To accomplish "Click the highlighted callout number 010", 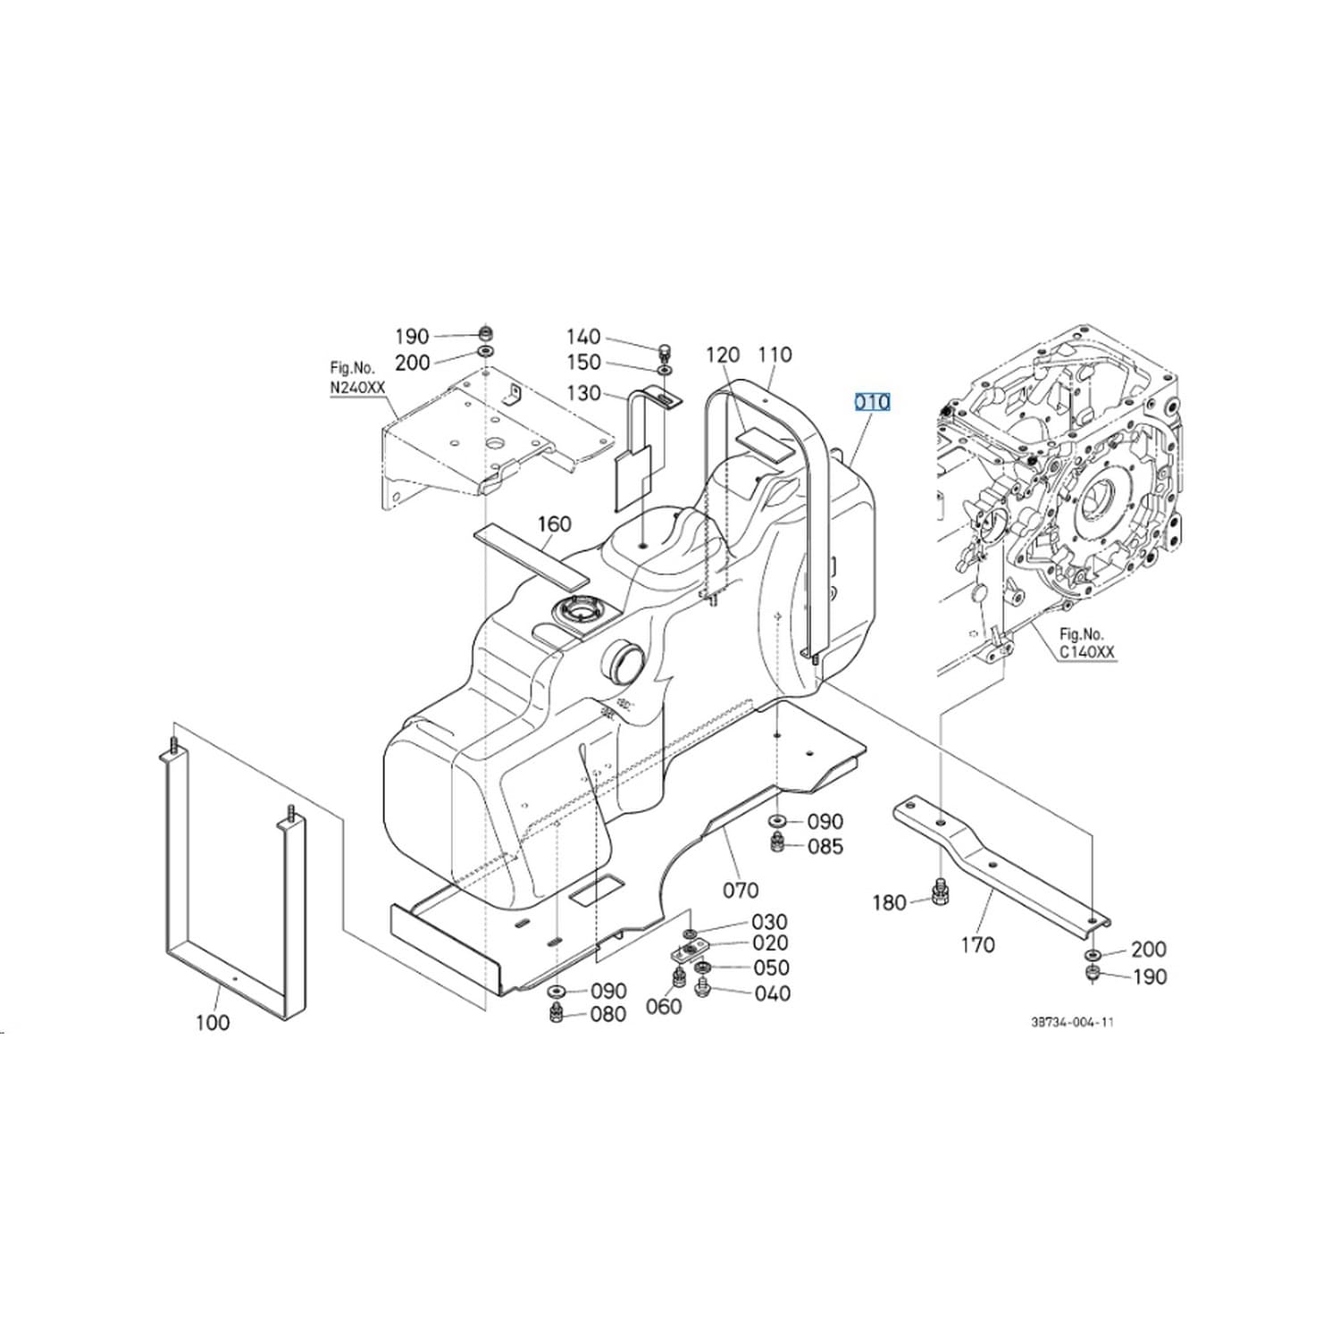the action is pos(872,402).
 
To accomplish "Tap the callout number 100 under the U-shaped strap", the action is pos(213,1022).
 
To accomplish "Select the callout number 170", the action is pos(977,944).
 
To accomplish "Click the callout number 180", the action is pos(889,903).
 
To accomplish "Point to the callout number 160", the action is pos(554,523).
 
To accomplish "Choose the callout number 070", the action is pos(741,890).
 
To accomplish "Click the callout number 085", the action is pos(825,846).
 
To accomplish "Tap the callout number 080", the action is pos(607,1014).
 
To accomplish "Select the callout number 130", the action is pos(583,393).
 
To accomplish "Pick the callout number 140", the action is pos(583,337).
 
